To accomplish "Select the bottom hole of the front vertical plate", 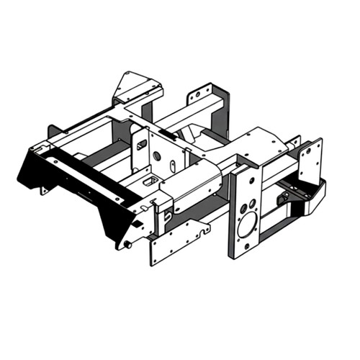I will pyautogui.click(x=246, y=245).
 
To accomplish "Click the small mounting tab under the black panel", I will pyautogui.click(x=44, y=190).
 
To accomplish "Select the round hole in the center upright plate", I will pyautogui.click(x=157, y=156).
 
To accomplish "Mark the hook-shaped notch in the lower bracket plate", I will pyautogui.click(x=204, y=231).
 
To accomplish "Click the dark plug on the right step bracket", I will pyautogui.click(x=280, y=197).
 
